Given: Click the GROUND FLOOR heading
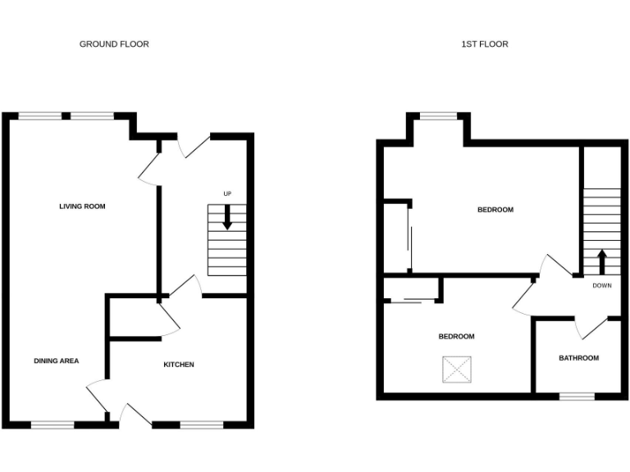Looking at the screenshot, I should (114, 44).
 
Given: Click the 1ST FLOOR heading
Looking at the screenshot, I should (484, 44).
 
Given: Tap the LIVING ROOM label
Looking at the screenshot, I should (82, 206).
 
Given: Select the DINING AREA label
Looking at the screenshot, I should (57, 361).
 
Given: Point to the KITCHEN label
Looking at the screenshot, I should (179, 365).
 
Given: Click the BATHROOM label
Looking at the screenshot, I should (578, 358).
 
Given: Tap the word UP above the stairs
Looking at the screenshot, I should (227, 193).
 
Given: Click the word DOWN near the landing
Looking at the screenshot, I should (602, 286).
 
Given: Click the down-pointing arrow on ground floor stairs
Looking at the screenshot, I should (227, 217).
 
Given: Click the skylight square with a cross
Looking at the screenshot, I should (457, 369).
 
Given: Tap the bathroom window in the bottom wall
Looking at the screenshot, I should (577, 397).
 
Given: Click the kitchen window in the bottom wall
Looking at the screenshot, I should (201, 424).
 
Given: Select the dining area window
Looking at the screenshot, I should (52, 424).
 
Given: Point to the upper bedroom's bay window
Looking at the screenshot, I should (439, 116).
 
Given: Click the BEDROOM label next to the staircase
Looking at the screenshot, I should (495, 211).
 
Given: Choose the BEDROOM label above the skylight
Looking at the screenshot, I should (456, 337).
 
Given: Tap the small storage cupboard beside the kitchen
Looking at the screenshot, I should (135, 317).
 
